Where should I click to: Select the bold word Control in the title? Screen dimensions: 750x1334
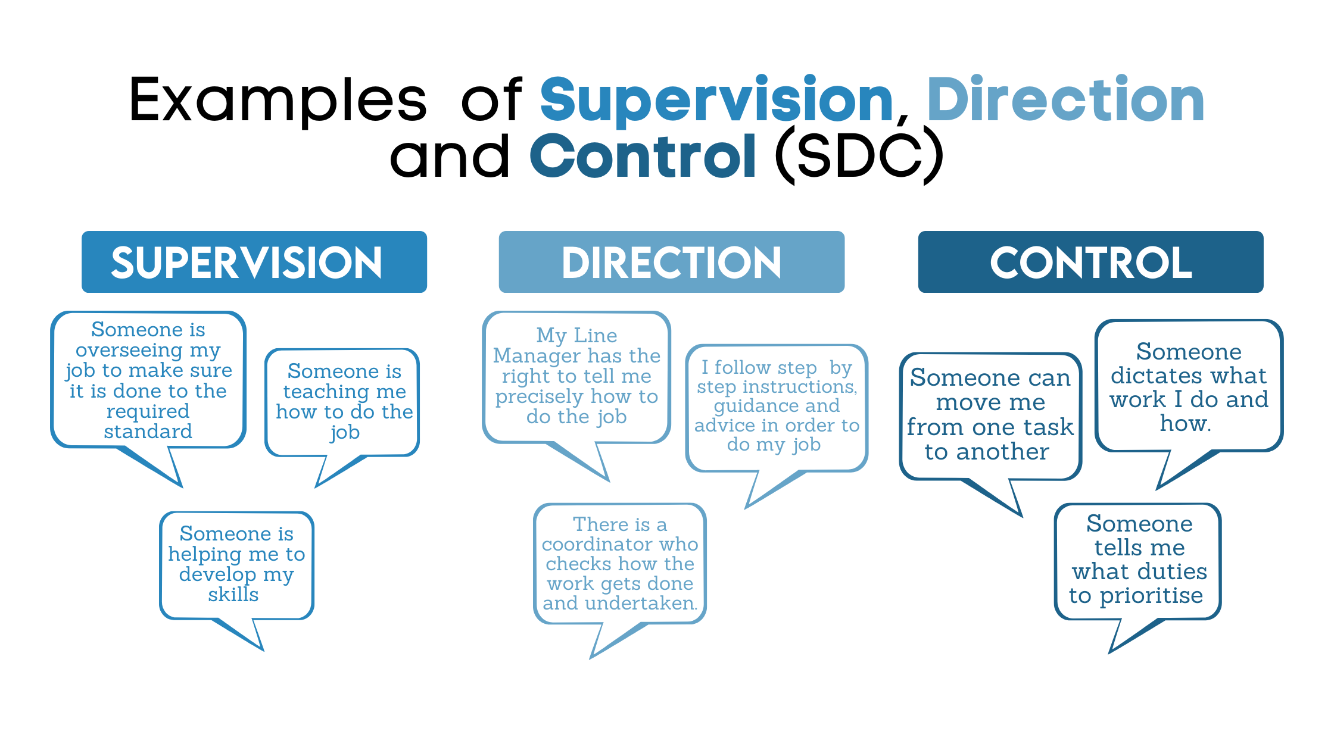643,156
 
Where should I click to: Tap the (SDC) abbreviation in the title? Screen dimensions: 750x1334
859,156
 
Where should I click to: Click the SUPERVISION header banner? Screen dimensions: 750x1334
254,262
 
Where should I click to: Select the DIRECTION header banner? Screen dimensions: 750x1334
671,262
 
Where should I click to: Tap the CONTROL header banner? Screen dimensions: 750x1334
1090,262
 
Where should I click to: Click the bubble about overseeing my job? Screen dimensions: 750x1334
148,380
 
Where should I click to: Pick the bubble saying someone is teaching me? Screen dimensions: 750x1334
344,401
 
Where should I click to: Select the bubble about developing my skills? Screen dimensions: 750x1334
236,564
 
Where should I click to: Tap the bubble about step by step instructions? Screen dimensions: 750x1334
777,406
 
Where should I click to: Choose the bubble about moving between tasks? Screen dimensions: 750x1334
990,414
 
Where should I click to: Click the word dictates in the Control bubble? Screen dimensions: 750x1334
1147,376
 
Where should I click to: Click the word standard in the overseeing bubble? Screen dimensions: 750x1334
148,431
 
